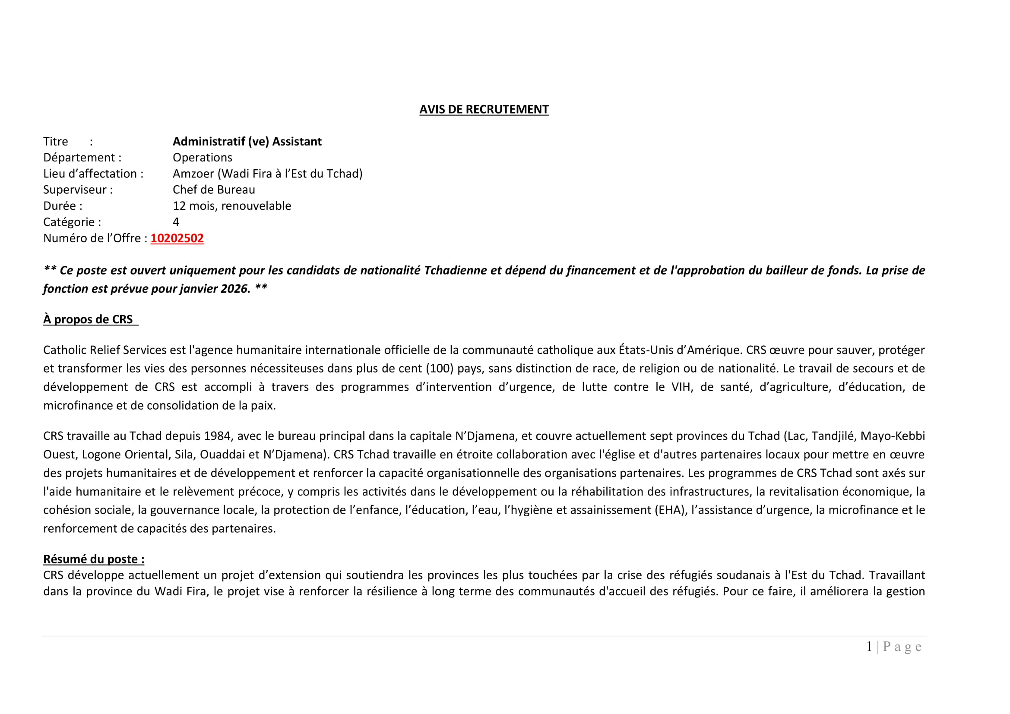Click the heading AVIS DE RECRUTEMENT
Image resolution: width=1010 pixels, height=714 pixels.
484,110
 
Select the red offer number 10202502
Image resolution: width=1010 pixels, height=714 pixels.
177,238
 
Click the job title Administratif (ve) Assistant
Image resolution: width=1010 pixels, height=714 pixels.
247,142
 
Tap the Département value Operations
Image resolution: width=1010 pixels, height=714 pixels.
203,158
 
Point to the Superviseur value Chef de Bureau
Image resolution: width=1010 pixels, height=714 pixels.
214,190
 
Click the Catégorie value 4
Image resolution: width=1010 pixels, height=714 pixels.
176,222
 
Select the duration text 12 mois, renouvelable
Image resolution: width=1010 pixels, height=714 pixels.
232,206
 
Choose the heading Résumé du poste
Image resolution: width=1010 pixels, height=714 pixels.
94,559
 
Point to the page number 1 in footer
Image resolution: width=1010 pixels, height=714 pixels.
869,647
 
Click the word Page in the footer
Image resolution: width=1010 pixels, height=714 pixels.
902,647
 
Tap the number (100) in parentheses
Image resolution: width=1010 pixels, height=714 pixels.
440,368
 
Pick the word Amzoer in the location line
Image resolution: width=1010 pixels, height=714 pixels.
193,174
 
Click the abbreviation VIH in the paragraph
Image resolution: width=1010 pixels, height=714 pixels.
681,387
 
